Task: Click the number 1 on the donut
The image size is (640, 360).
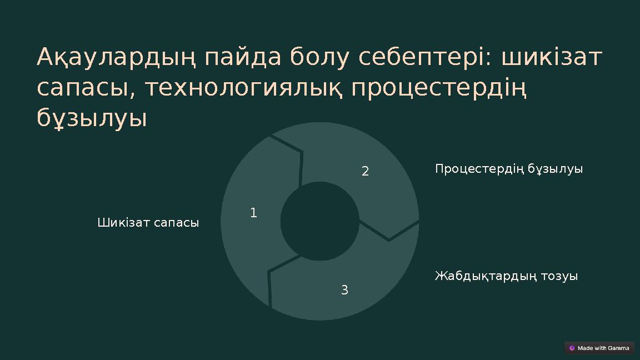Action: (253, 213)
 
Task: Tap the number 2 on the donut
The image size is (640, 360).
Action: (365, 171)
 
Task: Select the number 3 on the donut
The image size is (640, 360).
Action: (344, 289)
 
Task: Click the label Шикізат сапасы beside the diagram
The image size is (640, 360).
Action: (148, 223)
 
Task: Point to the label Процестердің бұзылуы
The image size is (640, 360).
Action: (509, 169)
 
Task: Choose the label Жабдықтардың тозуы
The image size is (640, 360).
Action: (506, 276)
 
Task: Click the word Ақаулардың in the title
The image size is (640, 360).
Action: (116, 57)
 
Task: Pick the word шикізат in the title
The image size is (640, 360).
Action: (552, 57)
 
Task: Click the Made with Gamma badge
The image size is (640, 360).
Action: (599, 348)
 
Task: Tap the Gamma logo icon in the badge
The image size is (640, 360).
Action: (572, 348)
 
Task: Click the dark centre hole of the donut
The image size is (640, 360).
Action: (319, 221)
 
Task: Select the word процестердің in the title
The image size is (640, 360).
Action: (439, 88)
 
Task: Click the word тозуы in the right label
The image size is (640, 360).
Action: (560, 276)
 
